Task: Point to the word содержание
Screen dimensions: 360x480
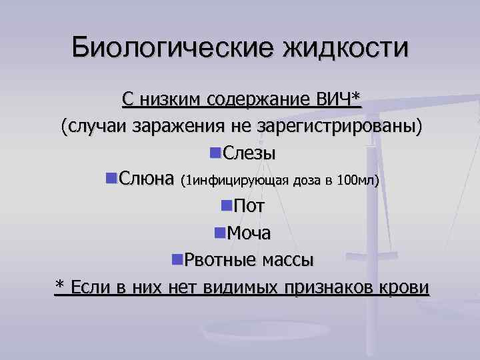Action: point(260,99)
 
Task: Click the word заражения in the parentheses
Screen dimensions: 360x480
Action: point(177,127)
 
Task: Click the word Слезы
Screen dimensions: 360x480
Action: point(249,153)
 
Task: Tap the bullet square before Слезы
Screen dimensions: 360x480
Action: point(214,153)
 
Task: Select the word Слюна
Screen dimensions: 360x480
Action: point(147,180)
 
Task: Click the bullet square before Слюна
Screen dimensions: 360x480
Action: point(110,179)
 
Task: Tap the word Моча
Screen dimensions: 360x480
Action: point(249,233)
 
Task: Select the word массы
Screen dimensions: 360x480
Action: point(287,259)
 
